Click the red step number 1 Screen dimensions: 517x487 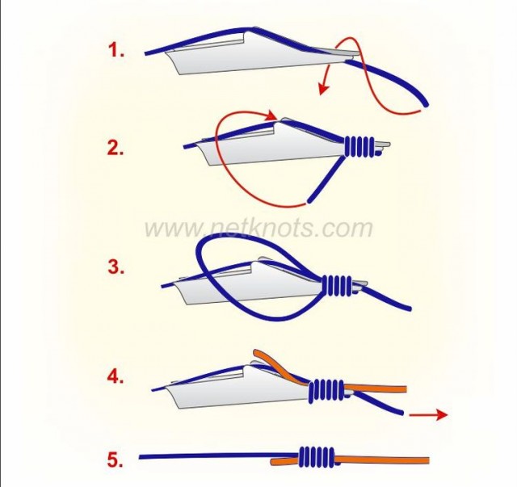point(116,51)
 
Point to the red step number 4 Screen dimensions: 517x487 point(116,376)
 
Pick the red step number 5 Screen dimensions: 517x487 point(115,460)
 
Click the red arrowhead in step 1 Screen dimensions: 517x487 point(323,89)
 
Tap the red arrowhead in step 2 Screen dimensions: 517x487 point(273,115)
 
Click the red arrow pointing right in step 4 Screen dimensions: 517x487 point(428,414)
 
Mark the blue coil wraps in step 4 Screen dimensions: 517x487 point(326,390)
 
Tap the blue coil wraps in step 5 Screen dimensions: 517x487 point(316,457)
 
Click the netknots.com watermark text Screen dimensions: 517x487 point(258,228)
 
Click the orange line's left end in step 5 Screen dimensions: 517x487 point(273,462)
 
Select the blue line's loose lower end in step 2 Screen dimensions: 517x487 point(309,201)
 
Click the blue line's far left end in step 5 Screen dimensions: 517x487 point(141,457)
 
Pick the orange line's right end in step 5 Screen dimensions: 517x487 point(428,460)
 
